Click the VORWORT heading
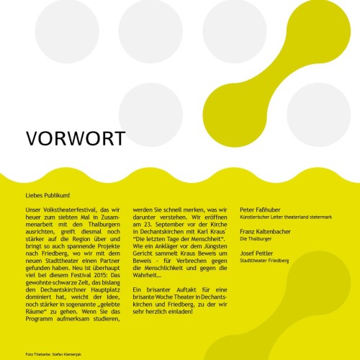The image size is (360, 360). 75,138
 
